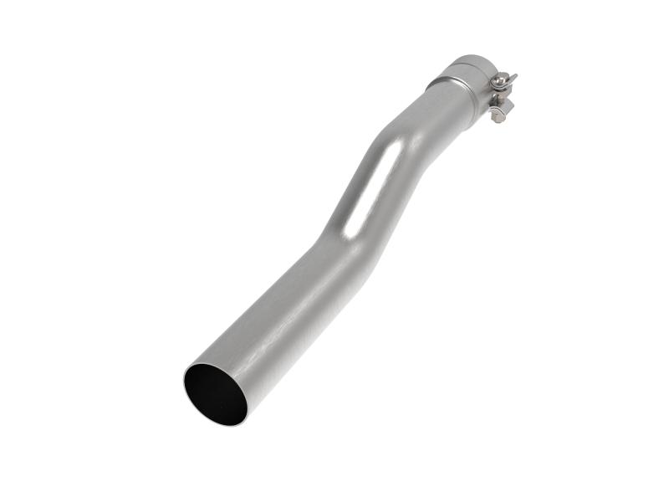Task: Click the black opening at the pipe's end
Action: (x=215, y=393)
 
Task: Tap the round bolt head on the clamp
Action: (x=499, y=79)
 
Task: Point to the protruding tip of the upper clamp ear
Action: (x=513, y=78)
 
